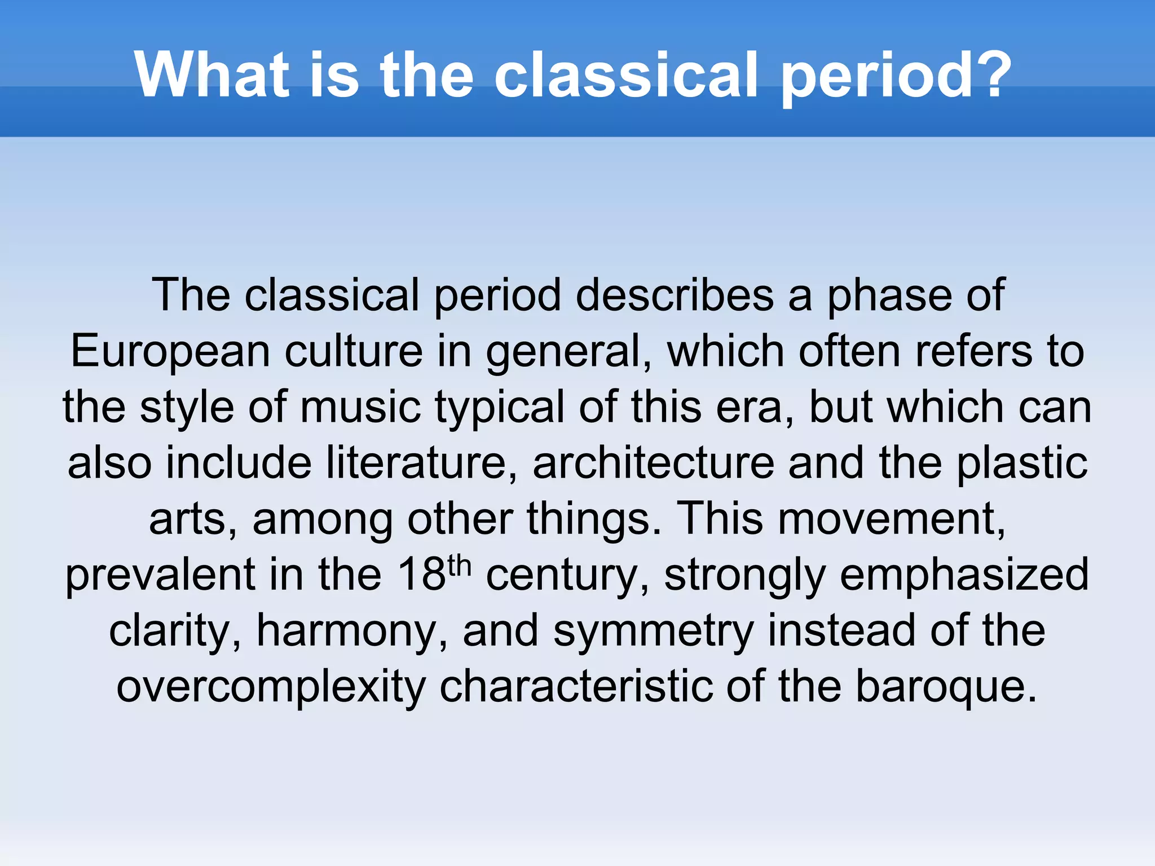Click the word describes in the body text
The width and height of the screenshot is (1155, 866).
[x=675, y=295]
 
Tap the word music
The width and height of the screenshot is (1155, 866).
[x=360, y=407]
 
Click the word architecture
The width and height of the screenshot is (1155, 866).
[x=654, y=463]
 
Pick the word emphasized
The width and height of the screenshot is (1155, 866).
[x=964, y=575]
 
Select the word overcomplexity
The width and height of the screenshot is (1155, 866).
[x=271, y=687]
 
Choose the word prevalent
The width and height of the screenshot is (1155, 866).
[x=160, y=575]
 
